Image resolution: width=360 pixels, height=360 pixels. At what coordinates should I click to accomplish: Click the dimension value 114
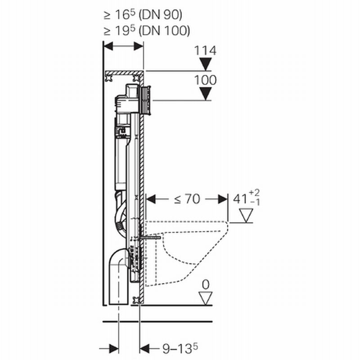pyautogui.click(x=205, y=51)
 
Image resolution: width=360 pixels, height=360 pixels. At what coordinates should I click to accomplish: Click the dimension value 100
pyautogui.click(x=205, y=80)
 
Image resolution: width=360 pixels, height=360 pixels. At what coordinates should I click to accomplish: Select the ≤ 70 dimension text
pyautogui.click(x=187, y=199)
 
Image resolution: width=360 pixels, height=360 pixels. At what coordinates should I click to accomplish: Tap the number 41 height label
pyautogui.click(x=240, y=199)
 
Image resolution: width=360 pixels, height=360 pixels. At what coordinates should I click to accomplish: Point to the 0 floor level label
pyautogui.click(x=206, y=285)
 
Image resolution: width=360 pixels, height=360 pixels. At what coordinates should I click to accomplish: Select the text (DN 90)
pyautogui.click(x=161, y=15)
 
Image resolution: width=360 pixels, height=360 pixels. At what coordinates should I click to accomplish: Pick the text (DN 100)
pyautogui.click(x=165, y=31)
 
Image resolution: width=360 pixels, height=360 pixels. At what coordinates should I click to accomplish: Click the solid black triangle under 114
pyautogui.click(x=206, y=64)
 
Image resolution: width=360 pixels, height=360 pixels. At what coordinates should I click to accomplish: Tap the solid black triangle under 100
pyautogui.click(x=206, y=93)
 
